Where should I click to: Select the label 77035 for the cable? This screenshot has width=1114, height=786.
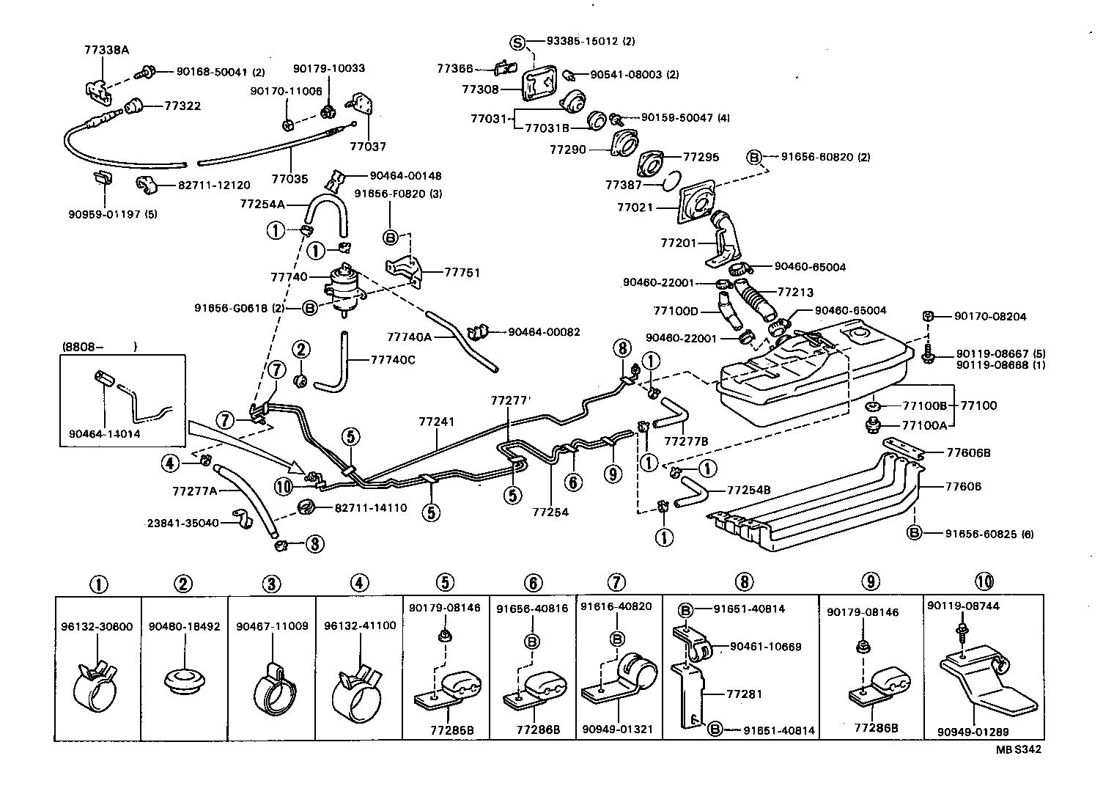click(x=289, y=178)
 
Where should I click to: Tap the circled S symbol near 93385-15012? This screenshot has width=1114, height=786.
click(x=518, y=42)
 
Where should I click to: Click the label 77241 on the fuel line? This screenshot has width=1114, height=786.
click(x=438, y=422)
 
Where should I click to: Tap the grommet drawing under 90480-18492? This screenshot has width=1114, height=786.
click(x=183, y=677)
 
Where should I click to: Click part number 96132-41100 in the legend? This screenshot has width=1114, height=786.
click(x=359, y=626)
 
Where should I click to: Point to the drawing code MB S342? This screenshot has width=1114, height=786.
click(x=1017, y=749)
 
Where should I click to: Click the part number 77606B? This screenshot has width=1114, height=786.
click(x=968, y=453)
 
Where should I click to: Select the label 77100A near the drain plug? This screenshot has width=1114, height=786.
click(x=924, y=425)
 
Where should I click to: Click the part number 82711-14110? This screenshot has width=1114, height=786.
click(x=371, y=507)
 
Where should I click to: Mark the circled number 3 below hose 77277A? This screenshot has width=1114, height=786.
click(x=314, y=543)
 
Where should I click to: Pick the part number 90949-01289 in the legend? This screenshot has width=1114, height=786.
click(x=973, y=731)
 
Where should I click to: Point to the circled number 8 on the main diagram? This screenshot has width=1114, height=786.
click(x=622, y=348)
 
